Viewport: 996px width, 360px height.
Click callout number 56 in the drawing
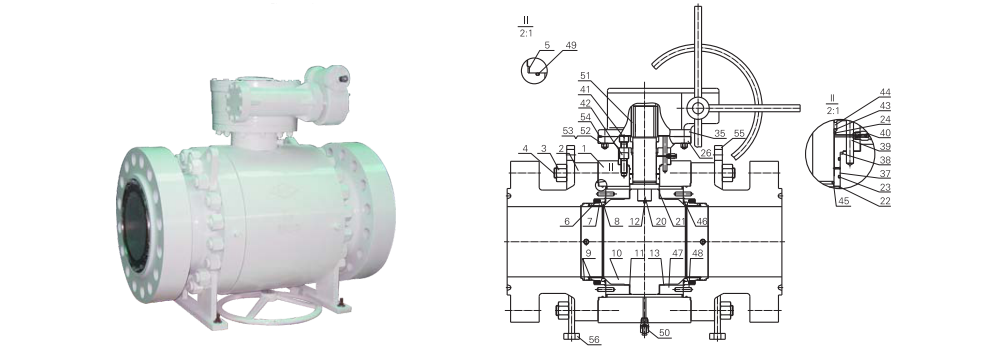click(594, 340)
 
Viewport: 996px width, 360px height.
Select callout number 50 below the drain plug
click(664, 333)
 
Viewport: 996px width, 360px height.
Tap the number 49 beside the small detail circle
click(570, 45)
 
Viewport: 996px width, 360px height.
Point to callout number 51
click(585, 76)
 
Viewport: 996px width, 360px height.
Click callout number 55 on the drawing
click(739, 133)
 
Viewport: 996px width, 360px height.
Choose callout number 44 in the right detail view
click(885, 93)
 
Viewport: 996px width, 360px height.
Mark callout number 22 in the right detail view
click(885, 201)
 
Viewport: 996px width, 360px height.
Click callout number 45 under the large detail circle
click(844, 201)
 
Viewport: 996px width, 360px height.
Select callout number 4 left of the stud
click(525, 149)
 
